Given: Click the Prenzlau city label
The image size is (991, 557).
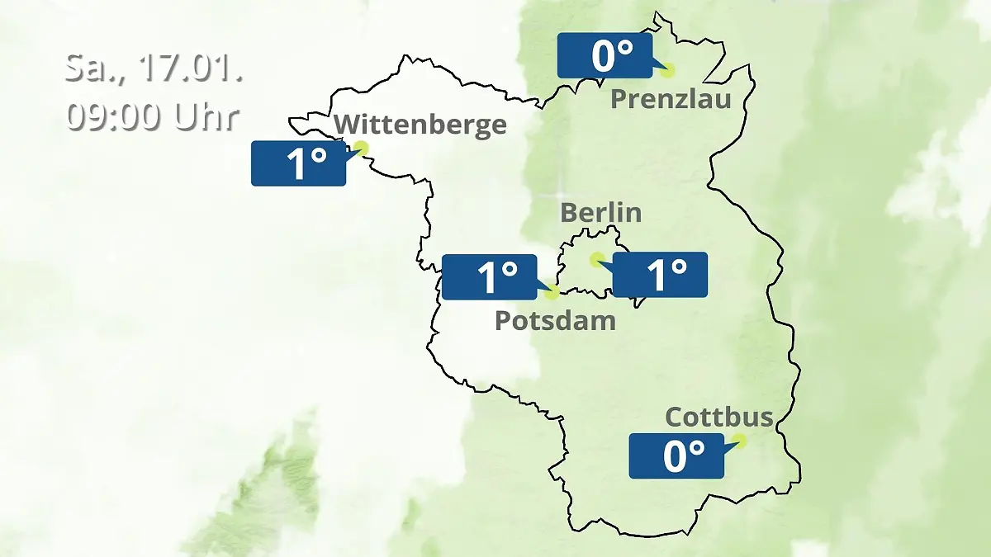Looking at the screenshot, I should (671, 100).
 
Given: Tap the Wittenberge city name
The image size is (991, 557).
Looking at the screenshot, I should (420, 125).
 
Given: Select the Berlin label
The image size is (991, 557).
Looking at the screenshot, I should (600, 212).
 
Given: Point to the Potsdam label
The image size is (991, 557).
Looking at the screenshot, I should (555, 320).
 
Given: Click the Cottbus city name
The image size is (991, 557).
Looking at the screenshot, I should (718, 417).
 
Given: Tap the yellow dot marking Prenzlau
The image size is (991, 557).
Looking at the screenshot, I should (667, 71).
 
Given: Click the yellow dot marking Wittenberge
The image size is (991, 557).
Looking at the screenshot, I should (360, 149).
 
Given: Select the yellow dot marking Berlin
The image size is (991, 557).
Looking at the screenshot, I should (596, 260).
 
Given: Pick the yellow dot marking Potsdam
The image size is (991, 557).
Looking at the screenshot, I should (552, 291).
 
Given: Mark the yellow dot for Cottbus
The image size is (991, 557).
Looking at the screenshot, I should (739, 441).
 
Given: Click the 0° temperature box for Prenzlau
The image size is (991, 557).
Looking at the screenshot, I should (605, 56).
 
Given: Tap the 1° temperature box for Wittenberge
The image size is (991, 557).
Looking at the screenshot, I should (298, 163).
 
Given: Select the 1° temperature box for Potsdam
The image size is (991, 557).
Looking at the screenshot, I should (489, 276).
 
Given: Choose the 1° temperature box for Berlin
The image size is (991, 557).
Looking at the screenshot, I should (660, 275).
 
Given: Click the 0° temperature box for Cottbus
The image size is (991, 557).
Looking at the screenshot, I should (676, 456).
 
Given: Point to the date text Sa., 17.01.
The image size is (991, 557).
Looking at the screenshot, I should (154, 68).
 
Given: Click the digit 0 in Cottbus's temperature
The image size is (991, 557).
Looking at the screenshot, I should (676, 456).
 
